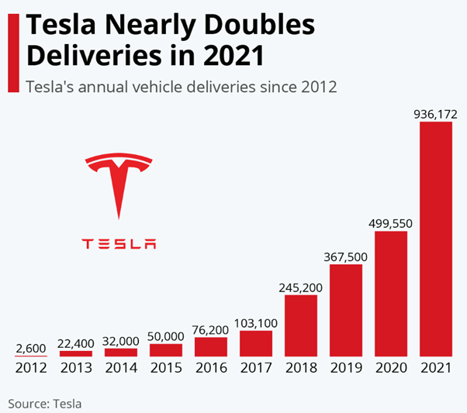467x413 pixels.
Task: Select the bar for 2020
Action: click(x=390, y=294)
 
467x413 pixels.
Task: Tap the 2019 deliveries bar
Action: click(x=345, y=310)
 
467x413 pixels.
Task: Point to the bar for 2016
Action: click(x=210, y=346)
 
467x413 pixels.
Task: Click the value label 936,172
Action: click(x=435, y=114)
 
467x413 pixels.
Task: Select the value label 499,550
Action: click(x=390, y=223)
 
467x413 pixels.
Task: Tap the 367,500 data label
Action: click(x=345, y=256)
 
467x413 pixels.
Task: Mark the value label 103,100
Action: click(x=255, y=322)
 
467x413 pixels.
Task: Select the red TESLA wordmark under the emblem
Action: click(x=119, y=243)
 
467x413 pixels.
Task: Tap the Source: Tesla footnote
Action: click(x=45, y=403)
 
